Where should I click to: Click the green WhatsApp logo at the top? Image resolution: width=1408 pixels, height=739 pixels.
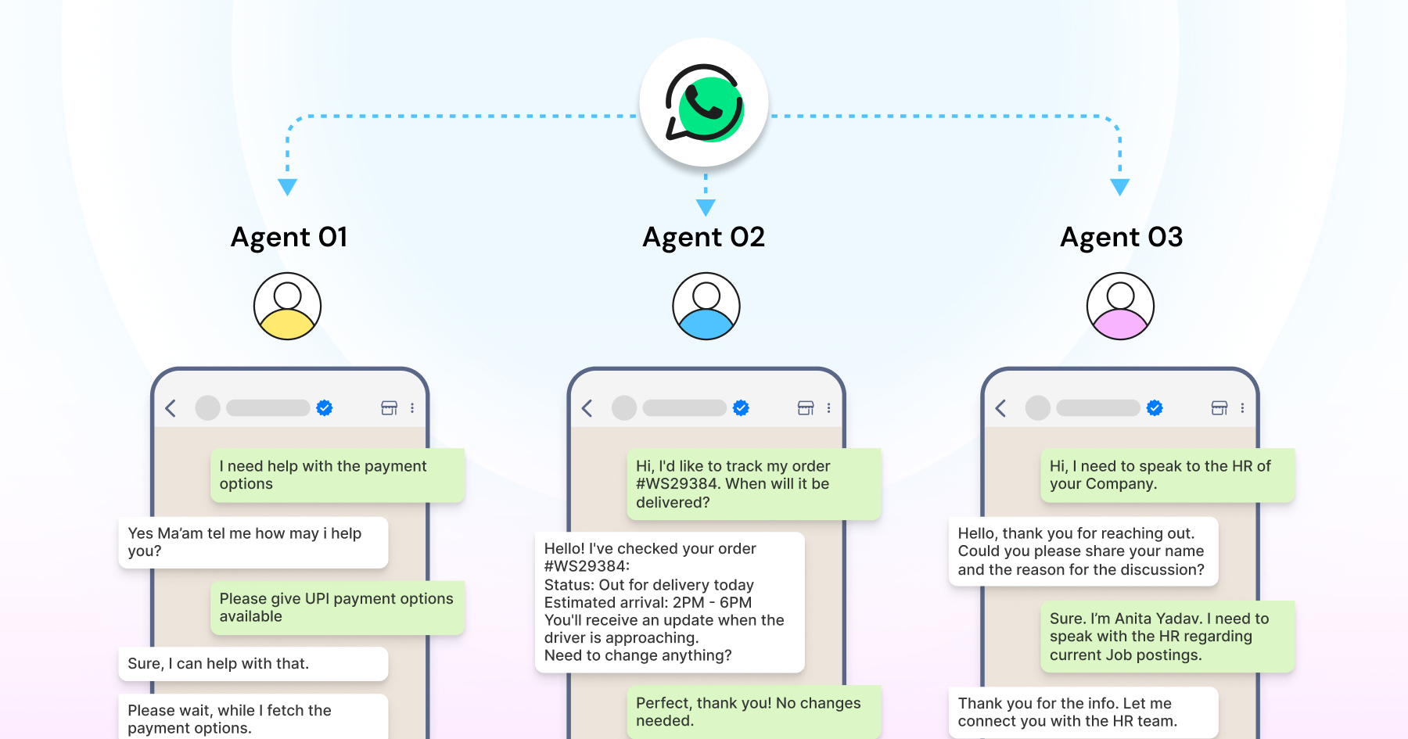click(704, 103)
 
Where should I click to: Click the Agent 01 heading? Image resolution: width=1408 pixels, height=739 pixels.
click(289, 237)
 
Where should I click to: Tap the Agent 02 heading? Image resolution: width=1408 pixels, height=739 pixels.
click(703, 237)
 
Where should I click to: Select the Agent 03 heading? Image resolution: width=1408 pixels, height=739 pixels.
click(1121, 237)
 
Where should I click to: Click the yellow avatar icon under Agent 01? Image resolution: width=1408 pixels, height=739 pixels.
click(287, 306)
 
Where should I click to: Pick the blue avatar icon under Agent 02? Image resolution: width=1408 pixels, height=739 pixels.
click(706, 306)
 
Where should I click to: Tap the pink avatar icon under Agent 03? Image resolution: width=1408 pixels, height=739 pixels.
click(1120, 306)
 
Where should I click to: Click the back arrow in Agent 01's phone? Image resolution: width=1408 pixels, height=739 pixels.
click(171, 408)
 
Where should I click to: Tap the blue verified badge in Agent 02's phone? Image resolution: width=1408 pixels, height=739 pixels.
click(741, 408)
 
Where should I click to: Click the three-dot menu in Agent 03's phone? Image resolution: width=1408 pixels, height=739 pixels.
click(1242, 408)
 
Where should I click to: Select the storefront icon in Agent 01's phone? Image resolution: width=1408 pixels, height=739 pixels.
click(389, 408)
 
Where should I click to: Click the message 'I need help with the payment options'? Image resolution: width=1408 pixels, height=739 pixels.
click(337, 475)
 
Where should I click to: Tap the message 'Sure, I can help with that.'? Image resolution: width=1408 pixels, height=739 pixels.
click(253, 664)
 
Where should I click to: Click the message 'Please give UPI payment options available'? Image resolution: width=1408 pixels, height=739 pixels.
click(337, 608)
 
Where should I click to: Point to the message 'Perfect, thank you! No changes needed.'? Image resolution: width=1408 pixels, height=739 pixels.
click(753, 712)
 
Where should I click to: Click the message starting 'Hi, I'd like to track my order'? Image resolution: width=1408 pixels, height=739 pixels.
click(753, 484)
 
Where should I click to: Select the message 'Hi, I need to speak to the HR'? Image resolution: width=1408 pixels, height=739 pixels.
click(1167, 475)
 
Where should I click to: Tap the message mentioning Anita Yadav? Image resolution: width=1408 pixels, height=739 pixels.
click(1167, 637)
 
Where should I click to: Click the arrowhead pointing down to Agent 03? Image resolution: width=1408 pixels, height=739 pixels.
click(1119, 187)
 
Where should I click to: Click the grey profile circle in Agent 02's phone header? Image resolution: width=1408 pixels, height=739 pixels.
click(624, 408)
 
